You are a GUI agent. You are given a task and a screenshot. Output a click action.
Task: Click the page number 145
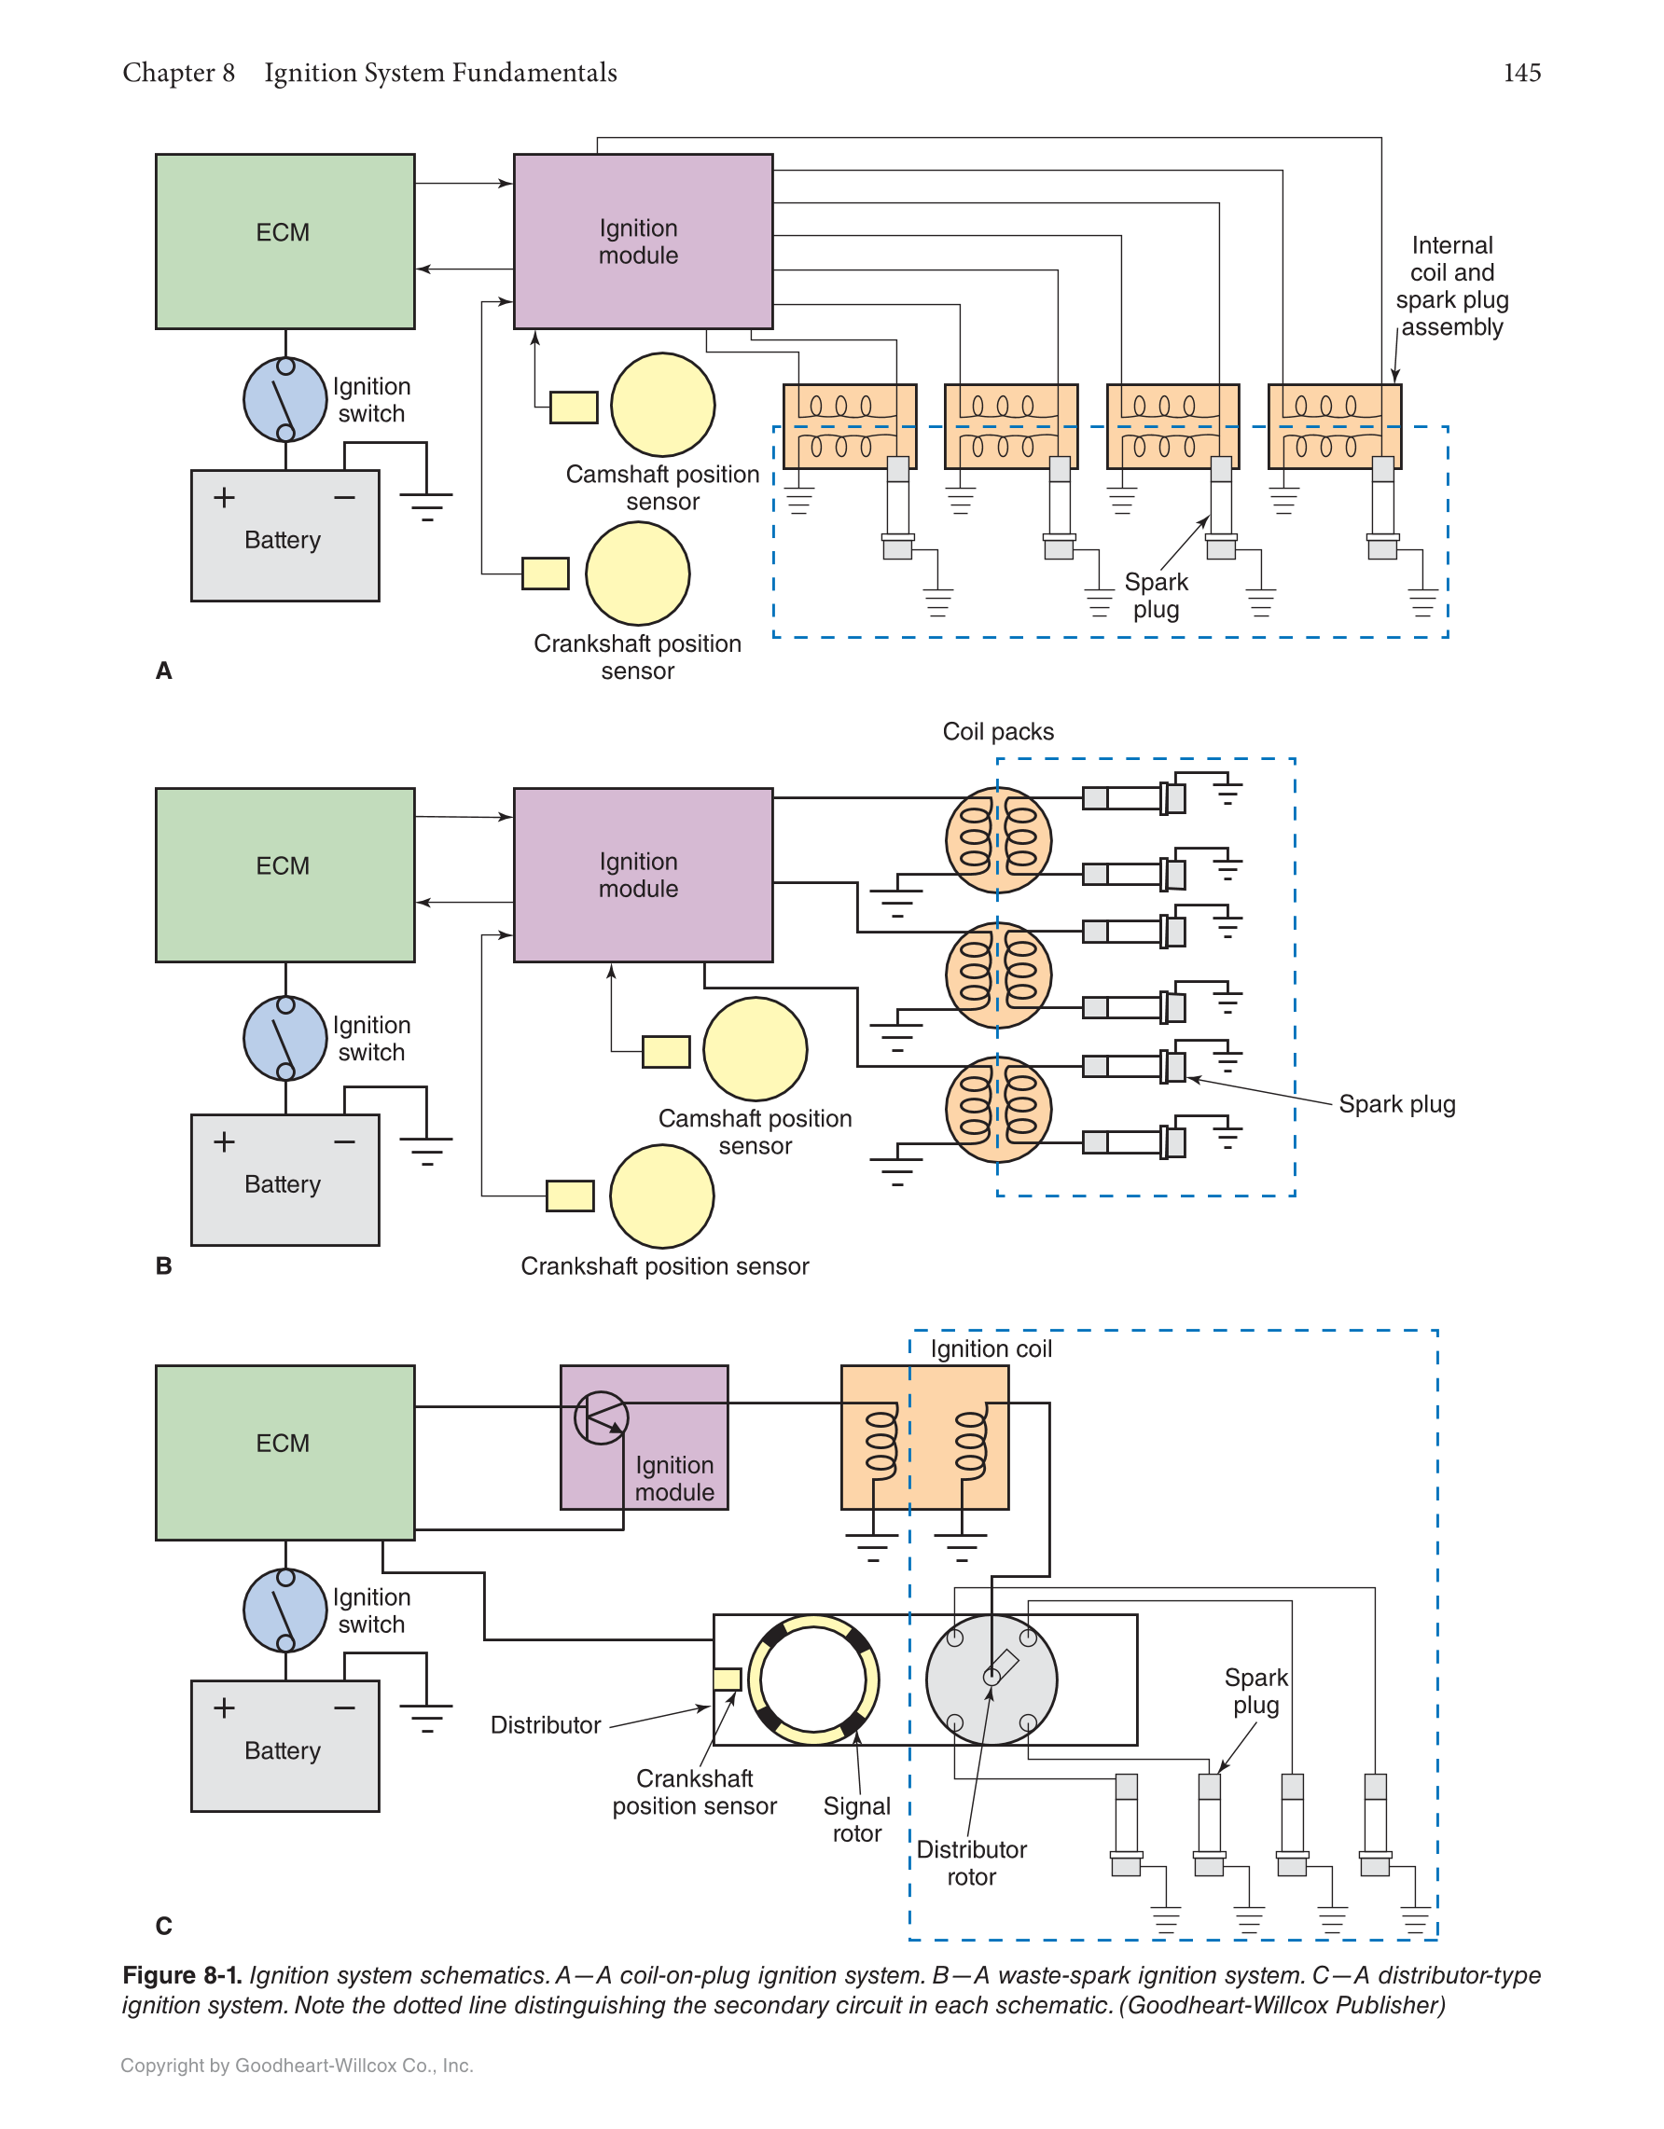[x=1521, y=73]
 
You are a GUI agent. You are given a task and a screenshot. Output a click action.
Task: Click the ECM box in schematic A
[x=284, y=241]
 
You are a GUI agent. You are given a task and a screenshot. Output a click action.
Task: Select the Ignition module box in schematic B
[x=643, y=875]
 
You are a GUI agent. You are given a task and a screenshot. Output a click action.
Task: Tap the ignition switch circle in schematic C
[x=284, y=1610]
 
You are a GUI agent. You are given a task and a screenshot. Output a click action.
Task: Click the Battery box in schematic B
[x=284, y=1180]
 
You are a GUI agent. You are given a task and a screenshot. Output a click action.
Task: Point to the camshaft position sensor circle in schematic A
[x=663, y=405]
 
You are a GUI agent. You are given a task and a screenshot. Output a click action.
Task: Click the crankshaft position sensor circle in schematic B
[x=662, y=1196]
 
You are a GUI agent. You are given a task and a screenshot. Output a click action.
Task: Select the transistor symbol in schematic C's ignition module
[x=601, y=1417]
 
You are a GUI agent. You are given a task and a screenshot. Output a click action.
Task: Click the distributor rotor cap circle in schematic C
[x=991, y=1679]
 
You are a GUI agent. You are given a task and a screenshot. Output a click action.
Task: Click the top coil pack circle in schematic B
[x=998, y=839]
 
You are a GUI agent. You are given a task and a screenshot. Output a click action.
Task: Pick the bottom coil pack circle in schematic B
[x=998, y=1110]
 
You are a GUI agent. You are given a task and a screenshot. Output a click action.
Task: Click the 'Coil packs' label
[x=997, y=731]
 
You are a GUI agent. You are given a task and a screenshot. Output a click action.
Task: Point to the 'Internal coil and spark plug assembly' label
[x=1451, y=285]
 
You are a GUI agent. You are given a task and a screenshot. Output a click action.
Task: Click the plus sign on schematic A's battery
[x=224, y=497]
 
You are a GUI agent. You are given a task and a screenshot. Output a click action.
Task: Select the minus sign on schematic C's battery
[x=344, y=1707]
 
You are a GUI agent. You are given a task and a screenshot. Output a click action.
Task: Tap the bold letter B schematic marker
[x=164, y=1265]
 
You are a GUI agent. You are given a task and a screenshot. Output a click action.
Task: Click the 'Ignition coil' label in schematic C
[x=991, y=1348]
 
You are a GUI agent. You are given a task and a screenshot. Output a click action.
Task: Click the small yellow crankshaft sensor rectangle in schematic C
[x=728, y=1679]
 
